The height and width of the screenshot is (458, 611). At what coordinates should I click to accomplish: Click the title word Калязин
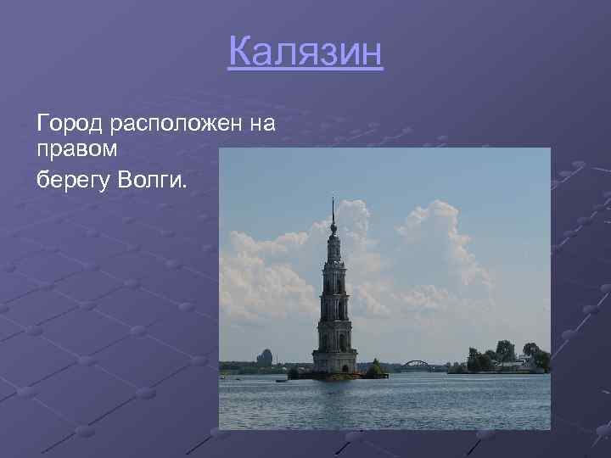305,53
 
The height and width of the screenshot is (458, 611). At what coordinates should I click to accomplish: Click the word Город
70,125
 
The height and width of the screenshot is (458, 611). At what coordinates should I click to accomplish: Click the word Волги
156,179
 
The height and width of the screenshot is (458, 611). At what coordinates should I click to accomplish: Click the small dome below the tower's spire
334,227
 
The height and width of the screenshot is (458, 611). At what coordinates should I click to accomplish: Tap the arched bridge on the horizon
417,365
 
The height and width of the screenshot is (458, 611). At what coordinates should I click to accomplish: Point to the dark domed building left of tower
266,358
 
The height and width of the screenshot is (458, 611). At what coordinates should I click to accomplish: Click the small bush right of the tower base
374,369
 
